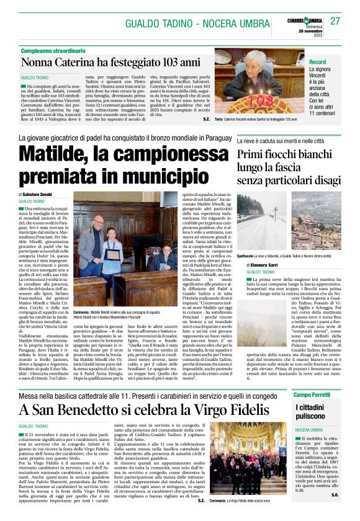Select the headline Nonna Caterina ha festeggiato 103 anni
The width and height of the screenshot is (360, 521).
(x=111, y=63)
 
